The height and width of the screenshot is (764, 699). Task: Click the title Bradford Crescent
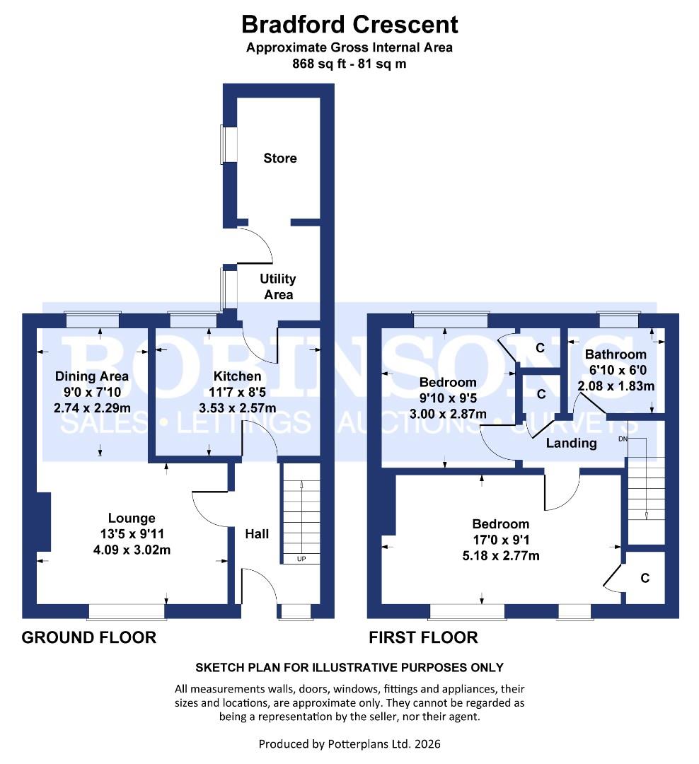pos(349,25)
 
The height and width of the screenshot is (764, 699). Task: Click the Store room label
pos(280,158)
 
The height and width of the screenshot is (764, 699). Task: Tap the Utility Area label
pos(279,286)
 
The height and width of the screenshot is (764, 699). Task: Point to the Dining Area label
pos(92,376)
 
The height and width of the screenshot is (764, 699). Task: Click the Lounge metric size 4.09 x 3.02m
pos(132,550)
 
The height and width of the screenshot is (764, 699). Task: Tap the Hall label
pos(257,534)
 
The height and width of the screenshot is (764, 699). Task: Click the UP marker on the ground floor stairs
pos(301,559)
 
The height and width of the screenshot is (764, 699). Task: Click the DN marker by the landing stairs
pos(623,439)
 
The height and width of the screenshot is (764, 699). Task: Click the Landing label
pos(572,444)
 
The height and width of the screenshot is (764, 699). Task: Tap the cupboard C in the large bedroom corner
pos(645,578)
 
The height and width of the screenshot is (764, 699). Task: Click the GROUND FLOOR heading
pos(89,637)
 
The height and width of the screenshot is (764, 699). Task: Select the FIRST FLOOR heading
pos(423,637)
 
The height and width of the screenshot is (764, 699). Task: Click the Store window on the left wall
pos(228,144)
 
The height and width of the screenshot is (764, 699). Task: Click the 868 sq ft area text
pos(349,63)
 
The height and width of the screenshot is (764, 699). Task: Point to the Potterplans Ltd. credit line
pos(349,743)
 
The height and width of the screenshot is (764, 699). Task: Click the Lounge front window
pos(127,610)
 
